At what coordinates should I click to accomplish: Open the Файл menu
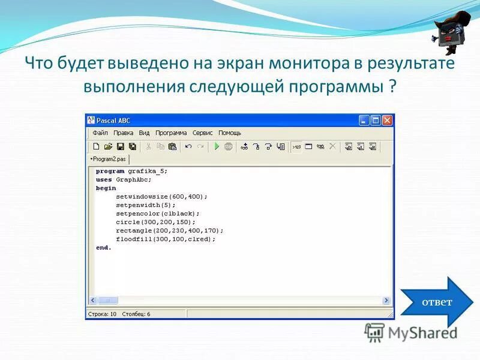click(x=100, y=133)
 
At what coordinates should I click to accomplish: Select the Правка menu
click(x=123, y=133)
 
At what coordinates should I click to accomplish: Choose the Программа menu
click(x=171, y=133)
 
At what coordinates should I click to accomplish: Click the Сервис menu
click(x=202, y=133)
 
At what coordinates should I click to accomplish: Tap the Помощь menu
click(x=229, y=133)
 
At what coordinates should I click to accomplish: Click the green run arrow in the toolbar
click(x=217, y=146)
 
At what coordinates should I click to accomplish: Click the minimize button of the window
click(x=364, y=120)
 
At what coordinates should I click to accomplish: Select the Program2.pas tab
click(x=109, y=159)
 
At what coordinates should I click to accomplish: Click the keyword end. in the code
click(x=103, y=247)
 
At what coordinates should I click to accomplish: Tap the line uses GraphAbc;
click(x=124, y=179)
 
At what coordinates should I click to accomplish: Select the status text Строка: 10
click(x=102, y=314)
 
